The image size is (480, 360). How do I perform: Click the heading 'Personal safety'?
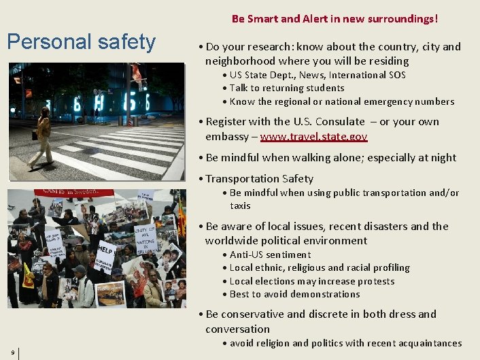pyautogui.click(x=81, y=42)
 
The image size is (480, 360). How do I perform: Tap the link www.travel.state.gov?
pyautogui.click(x=313, y=136)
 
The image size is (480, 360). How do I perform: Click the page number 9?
pyautogui.click(x=13, y=352)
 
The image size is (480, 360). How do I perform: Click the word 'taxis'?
pyautogui.click(x=240, y=206)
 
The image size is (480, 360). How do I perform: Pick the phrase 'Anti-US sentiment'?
pyautogui.click(x=270, y=255)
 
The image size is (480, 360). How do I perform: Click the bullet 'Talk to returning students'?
pyautogui.click(x=286, y=88)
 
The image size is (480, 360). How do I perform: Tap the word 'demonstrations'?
pyautogui.click(x=324, y=294)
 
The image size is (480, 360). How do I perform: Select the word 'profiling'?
pyautogui.click(x=388, y=267)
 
